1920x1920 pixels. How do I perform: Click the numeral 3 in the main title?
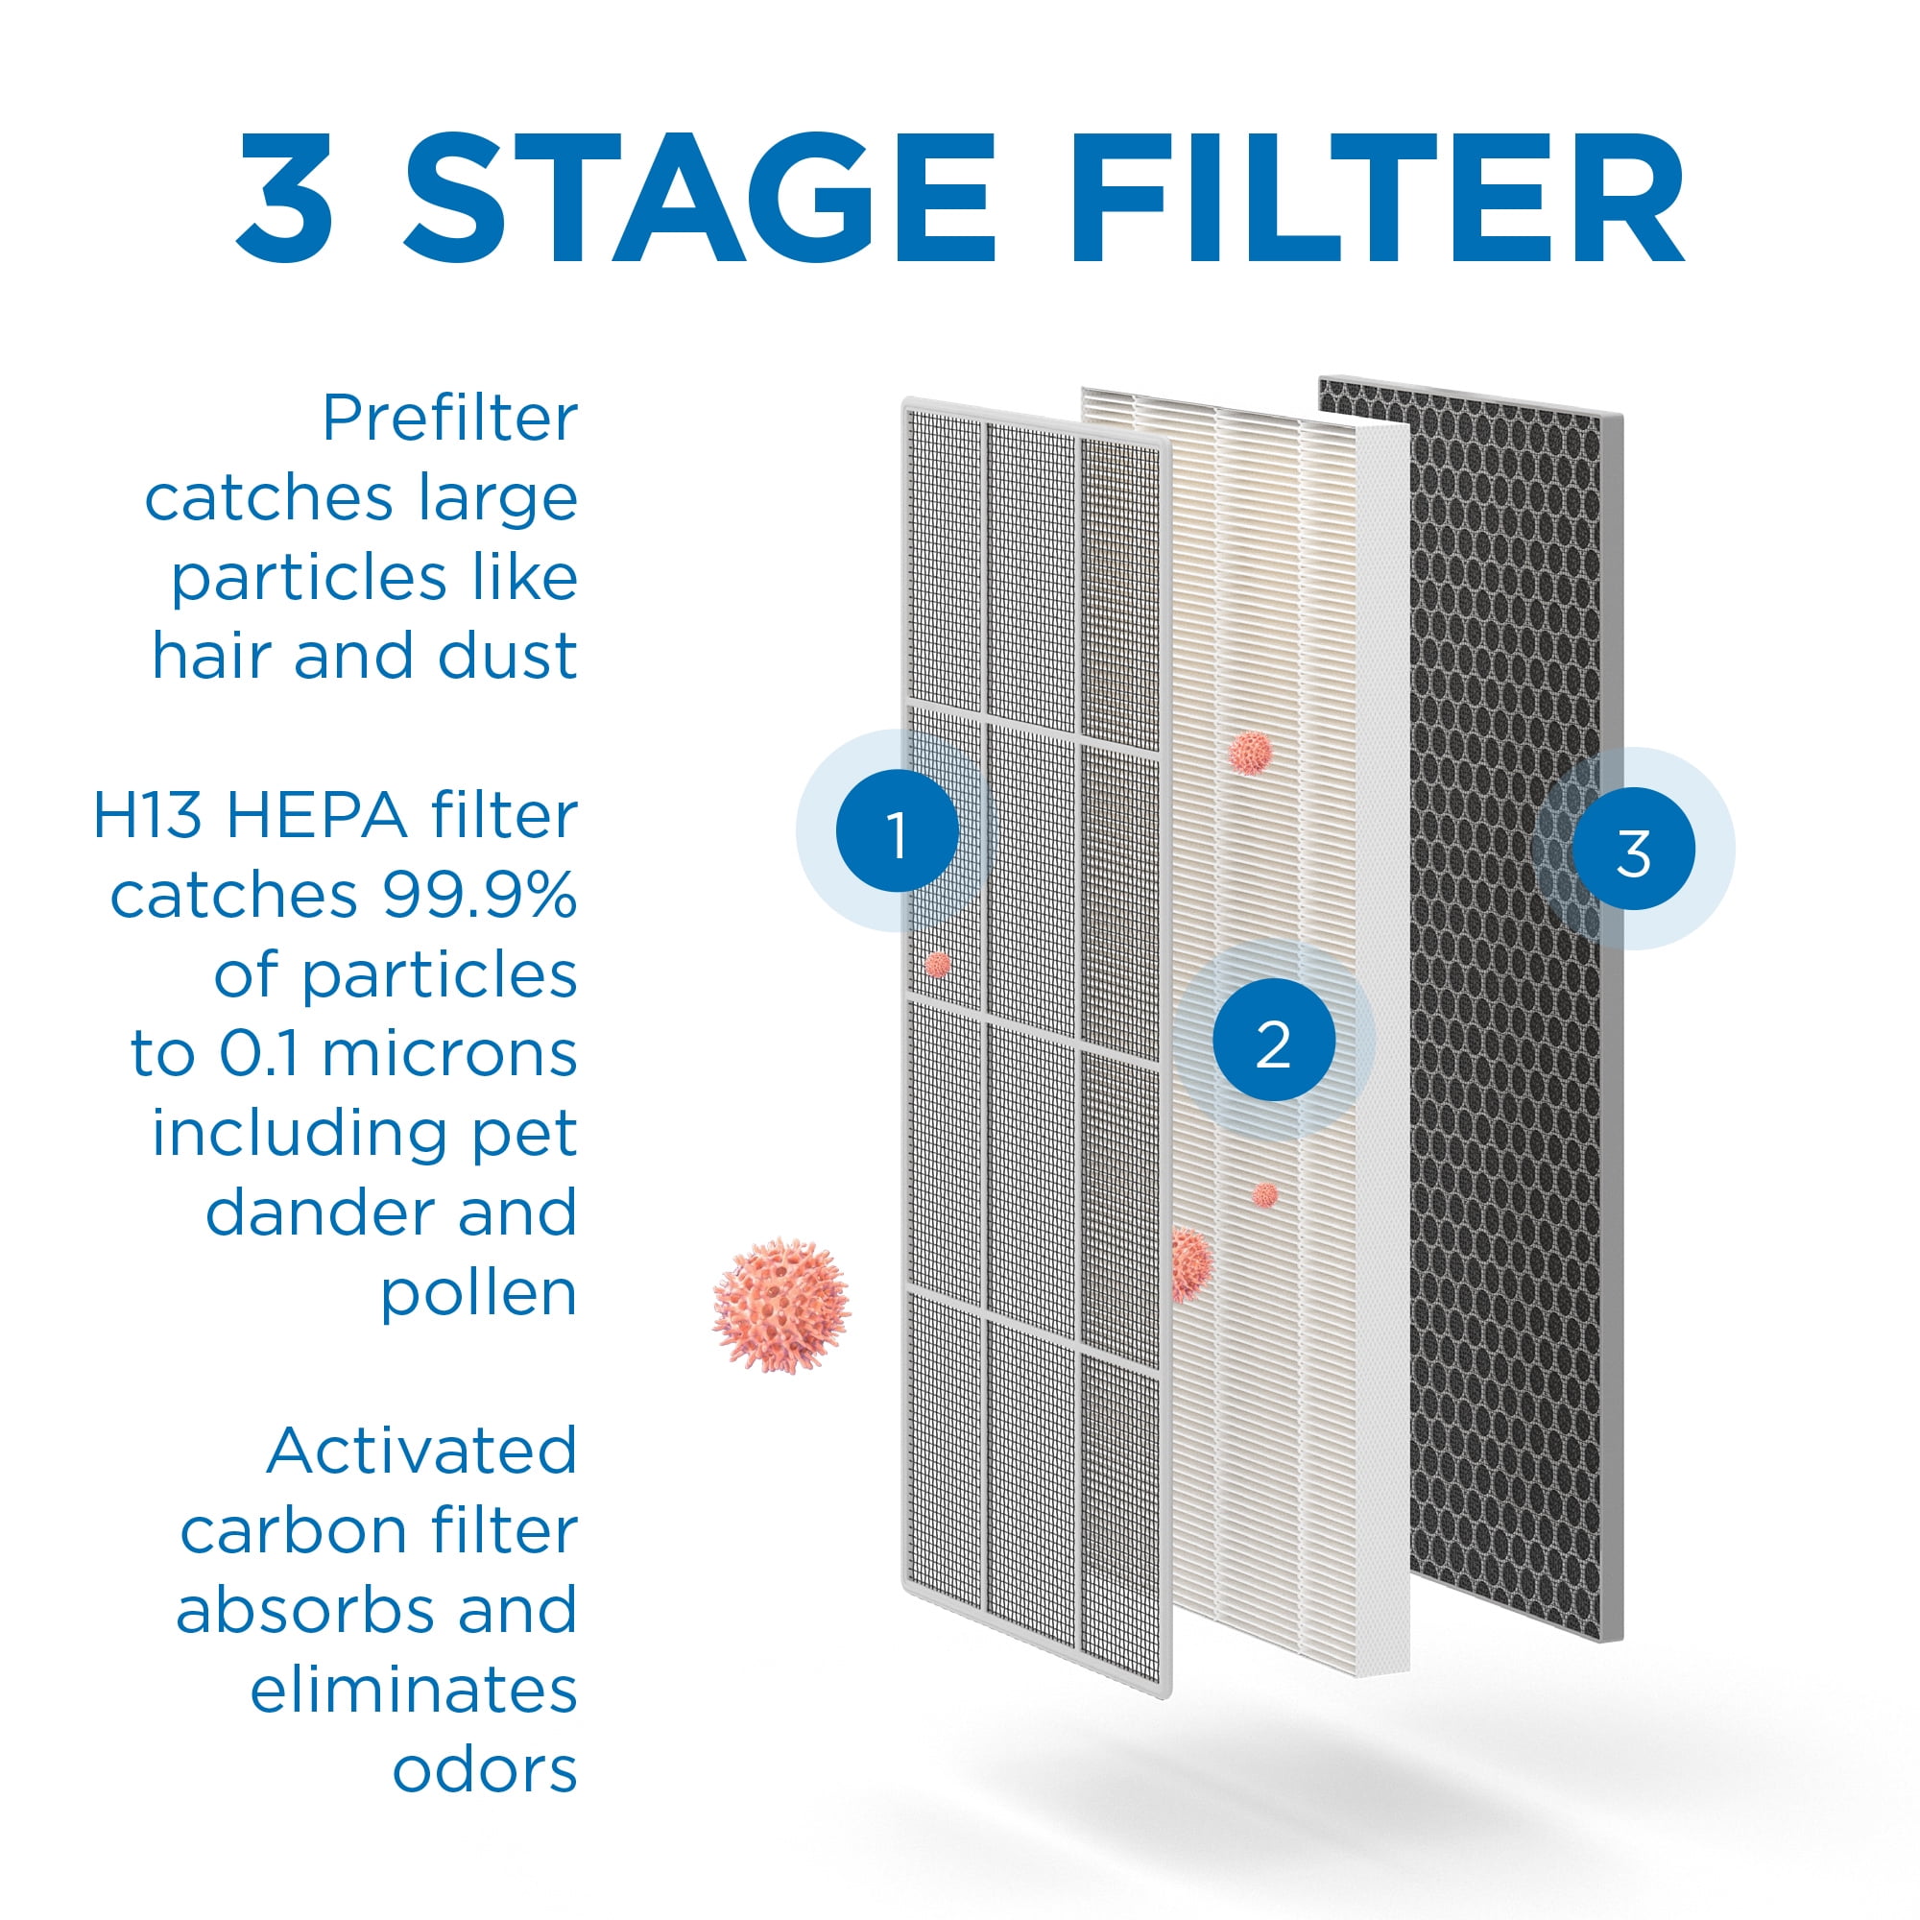click(284, 198)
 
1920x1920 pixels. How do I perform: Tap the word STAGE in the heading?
click(699, 198)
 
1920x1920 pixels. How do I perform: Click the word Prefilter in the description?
click(449, 419)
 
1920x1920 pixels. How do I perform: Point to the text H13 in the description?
click(147, 816)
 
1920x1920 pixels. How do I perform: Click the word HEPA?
click(317, 816)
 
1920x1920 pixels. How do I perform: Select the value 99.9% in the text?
click(479, 896)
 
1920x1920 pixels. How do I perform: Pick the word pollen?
click(478, 1294)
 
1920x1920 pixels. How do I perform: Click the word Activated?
click(421, 1451)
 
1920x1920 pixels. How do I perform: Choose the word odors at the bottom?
click(484, 1770)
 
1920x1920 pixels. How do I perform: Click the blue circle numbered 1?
click(898, 830)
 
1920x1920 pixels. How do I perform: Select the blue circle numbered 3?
click(1633, 849)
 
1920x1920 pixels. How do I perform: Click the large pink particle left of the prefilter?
click(781, 1305)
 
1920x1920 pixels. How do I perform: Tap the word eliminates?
click(414, 1691)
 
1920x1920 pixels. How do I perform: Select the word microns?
click(449, 1054)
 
